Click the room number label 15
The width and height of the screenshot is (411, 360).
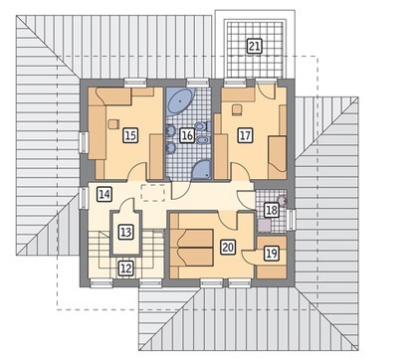click(130, 135)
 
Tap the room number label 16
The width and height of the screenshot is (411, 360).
click(187, 135)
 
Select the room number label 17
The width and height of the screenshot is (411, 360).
click(245, 135)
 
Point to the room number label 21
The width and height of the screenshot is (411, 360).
click(254, 46)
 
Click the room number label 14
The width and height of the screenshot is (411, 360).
click(104, 194)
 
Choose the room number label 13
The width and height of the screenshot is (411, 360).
click(125, 232)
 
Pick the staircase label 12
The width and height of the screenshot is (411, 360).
click(125, 269)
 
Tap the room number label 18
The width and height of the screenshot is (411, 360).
click(271, 210)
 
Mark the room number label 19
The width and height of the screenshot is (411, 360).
click(272, 254)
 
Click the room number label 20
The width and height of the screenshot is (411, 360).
click(228, 247)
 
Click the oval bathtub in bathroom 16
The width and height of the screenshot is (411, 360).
click(180, 101)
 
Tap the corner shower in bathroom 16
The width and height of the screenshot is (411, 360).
click(202, 170)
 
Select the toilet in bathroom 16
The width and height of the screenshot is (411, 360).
click(202, 126)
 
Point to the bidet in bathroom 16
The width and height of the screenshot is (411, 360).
click(202, 140)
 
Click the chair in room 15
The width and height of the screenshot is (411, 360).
click(113, 124)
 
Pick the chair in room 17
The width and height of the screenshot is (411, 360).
click(236, 110)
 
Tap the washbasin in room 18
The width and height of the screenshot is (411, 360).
click(282, 201)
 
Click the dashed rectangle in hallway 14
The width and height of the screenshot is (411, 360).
click(153, 193)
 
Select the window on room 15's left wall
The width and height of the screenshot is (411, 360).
click(84, 142)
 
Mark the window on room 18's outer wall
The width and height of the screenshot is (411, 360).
click(292, 220)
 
